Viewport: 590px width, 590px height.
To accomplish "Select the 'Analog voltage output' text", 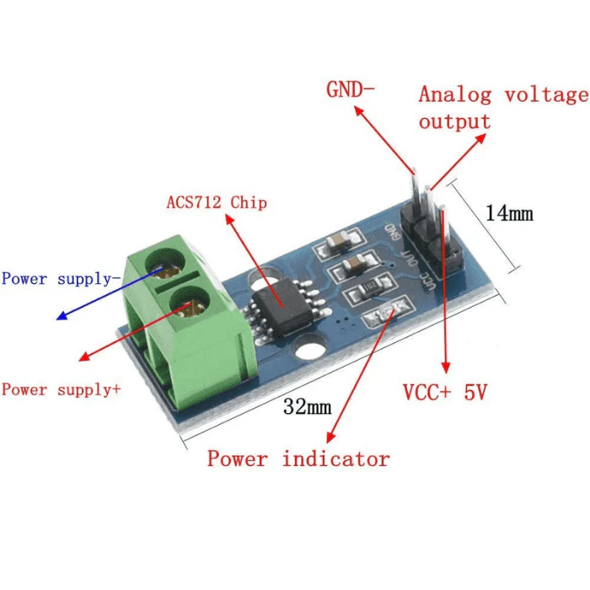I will (x=501, y=107).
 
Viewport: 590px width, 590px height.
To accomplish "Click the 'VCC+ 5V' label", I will (x=445, y=393).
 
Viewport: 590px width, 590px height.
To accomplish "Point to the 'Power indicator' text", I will (x=298, y=459).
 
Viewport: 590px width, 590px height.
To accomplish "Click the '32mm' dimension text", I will (x=307, y=407).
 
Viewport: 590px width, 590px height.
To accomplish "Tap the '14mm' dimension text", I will (x=509, y=213).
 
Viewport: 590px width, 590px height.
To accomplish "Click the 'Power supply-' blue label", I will (x=57, y=278).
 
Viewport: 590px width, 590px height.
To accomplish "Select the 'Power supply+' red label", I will (x=62, y=389).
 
